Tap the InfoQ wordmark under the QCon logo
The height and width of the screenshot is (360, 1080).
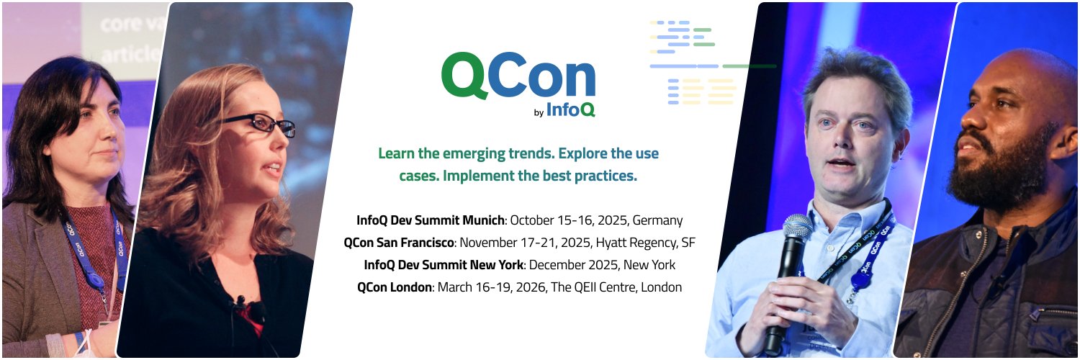(570, 109)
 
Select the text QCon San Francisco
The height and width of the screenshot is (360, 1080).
(399, 243)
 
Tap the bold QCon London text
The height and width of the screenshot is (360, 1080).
(394, 287)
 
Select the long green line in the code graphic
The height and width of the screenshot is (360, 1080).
(749, 66)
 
